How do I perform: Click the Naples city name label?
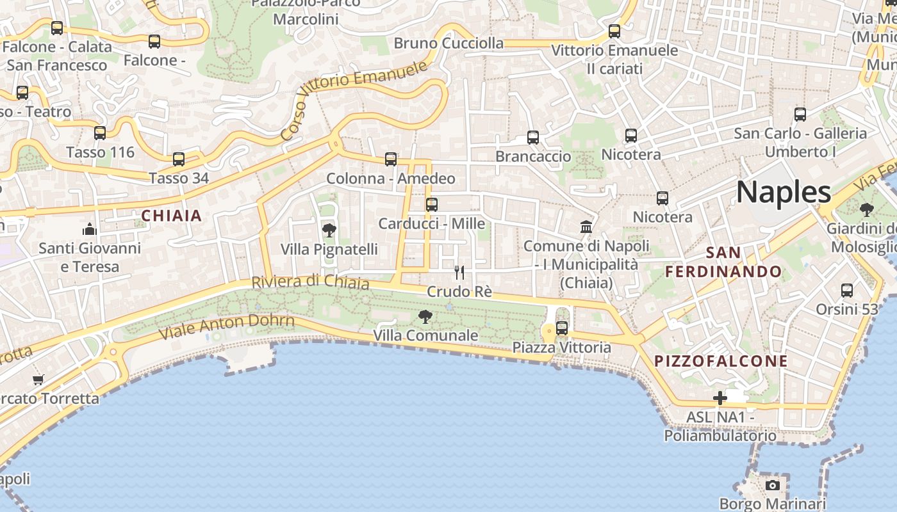pyautogui.click(x=783, y=192)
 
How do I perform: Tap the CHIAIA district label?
pyautogui.click(x=171, y=216)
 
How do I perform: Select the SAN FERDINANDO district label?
pyautogui.click(x=723, y=262)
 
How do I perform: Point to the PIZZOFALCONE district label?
pyautogui.click(x=721, y=361)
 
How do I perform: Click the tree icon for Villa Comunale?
pyautogui.click(x=425, y=316)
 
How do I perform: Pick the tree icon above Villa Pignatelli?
pyautogui.click(x=329, y=230)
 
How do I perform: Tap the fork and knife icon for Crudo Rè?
pyautogui.click(x=459, y=273)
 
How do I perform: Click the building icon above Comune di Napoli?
pyautogui.click(x=586, y=227)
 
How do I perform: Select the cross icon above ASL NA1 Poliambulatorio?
pyautogui.click(x=720, y=398)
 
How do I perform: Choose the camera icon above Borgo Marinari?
pyautogui.click(x=773, y=485)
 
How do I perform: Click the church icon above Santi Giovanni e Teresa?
pyautogui.click(x=90, y=229)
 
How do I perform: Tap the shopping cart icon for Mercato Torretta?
pyautogui.click(x=38, y=380)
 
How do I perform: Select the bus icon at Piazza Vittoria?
pyautogui.click(x=562, y=328)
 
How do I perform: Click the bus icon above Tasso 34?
pyautogui.click(x=179, y=159)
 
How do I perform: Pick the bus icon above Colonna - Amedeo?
pyautogui.click(x=391, y=159)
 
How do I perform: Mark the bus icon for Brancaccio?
pyautogui.click(x=533, y=138)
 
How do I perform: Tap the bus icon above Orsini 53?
pyautogui.click(x=847, y=291)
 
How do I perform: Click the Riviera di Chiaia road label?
pyautogui.click(x=310, y=282)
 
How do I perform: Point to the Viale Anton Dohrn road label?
pyautogui.click(x=227, y=326)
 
